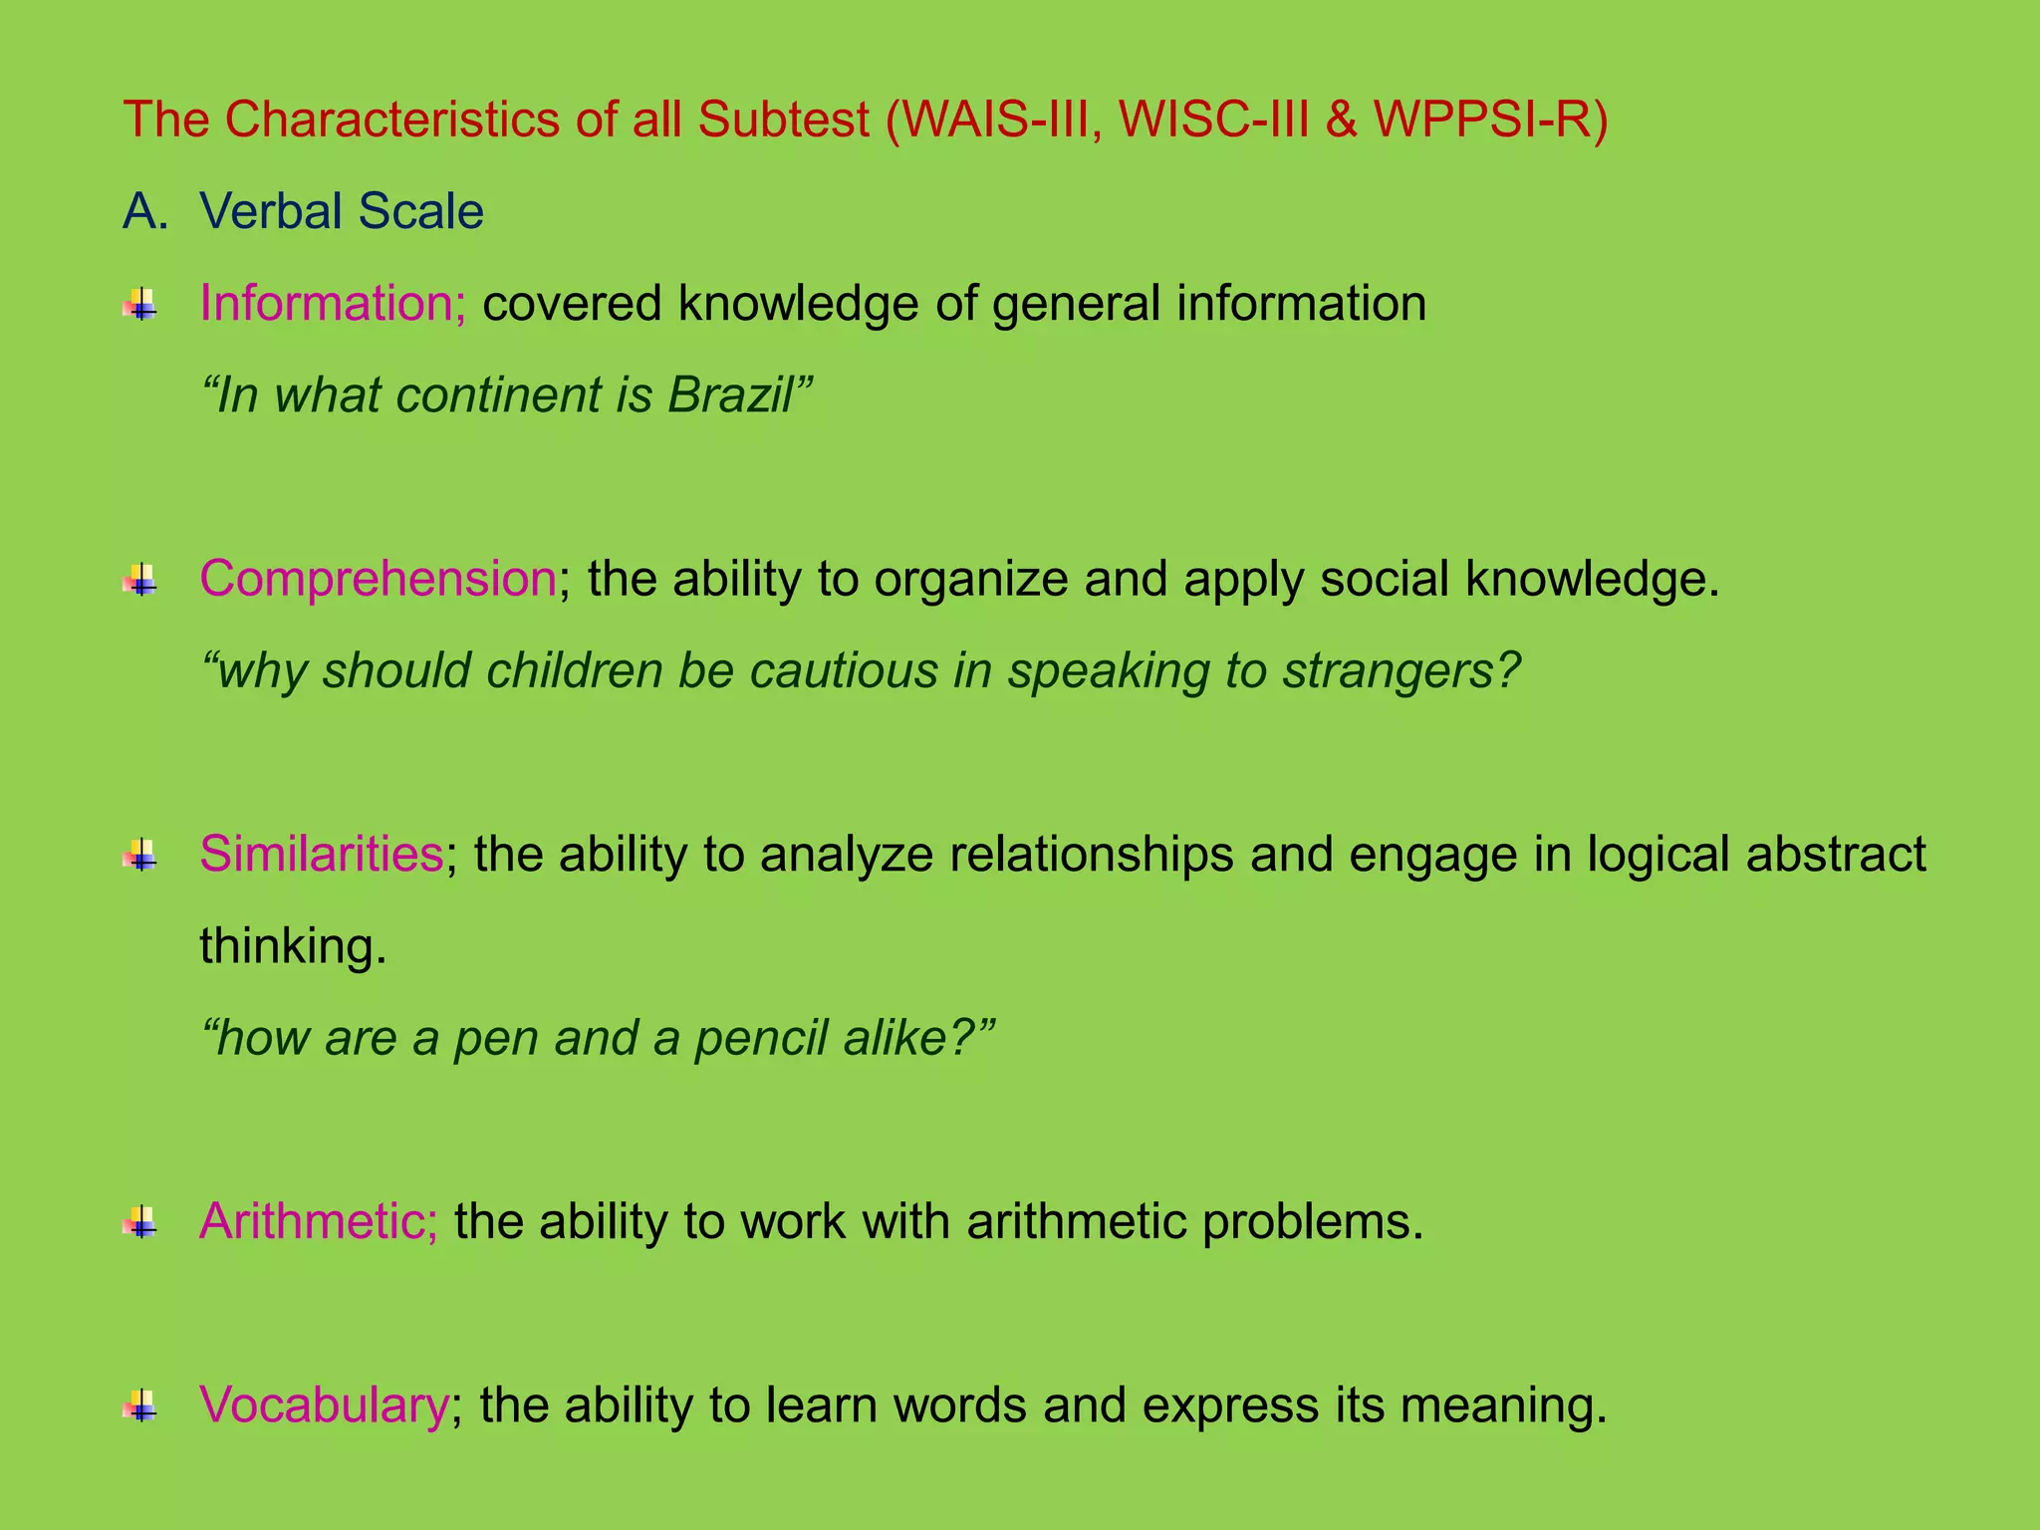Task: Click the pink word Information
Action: (333, 303)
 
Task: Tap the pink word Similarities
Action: (322, 854)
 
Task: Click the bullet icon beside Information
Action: (140, 304)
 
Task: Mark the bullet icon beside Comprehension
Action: (140, 579)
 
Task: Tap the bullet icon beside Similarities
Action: (140, 855)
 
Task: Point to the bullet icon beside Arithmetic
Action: (140, 1222)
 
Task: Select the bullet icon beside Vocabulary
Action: (140, 1405)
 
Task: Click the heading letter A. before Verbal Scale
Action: (145, 211)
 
